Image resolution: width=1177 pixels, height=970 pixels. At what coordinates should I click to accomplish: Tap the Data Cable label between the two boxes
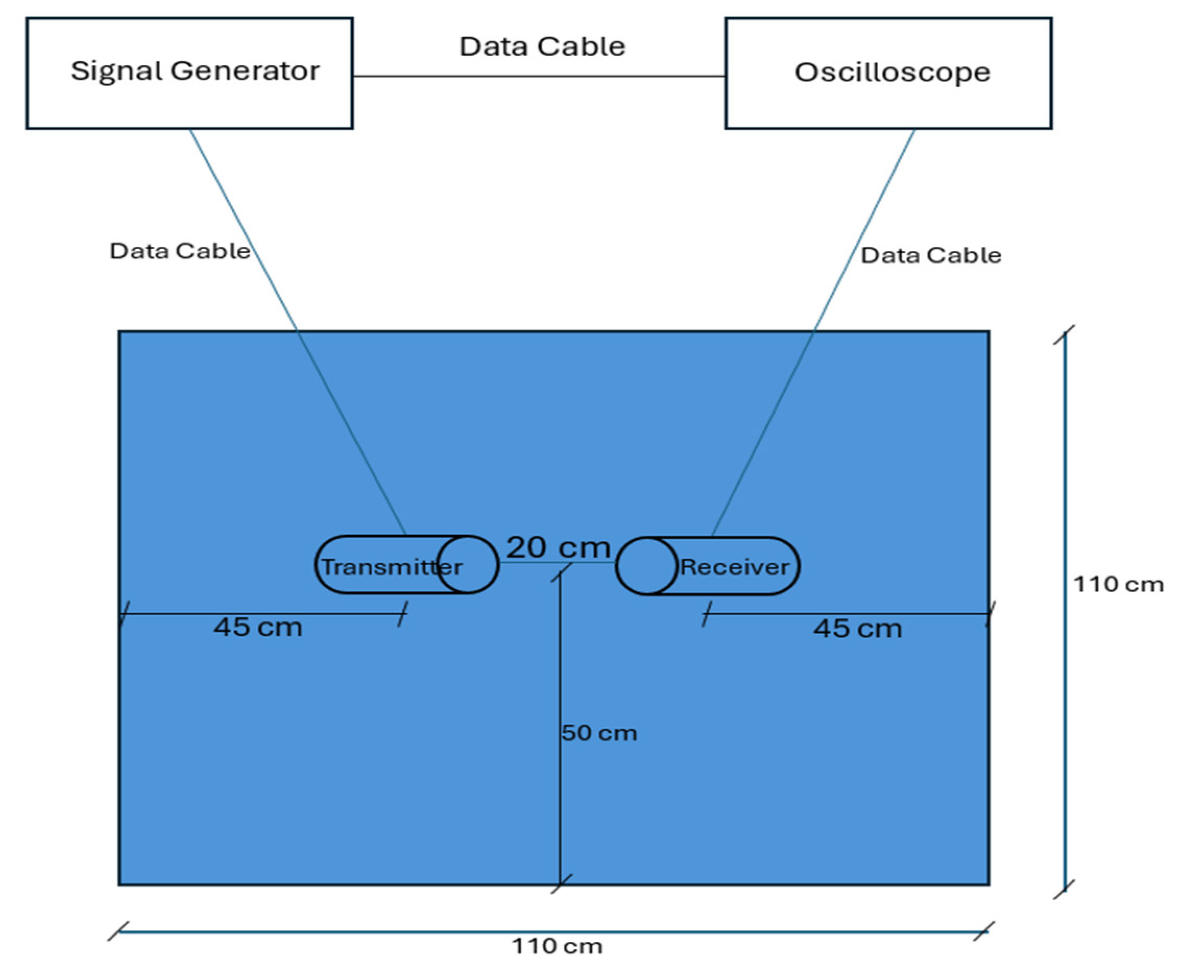pyautogui.click(x=542, y=46)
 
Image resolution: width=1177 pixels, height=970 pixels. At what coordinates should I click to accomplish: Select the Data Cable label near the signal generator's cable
pyautogui.click(x=179, y=251)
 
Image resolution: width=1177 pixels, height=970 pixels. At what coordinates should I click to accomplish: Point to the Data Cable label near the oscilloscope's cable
pyautogui.click(x=931, y=255)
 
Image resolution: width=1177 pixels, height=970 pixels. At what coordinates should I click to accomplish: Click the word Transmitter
pyautogui.click(x=392, y=567)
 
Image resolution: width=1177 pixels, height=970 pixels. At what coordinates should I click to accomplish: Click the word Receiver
pyautogui.click(x=734, y=567)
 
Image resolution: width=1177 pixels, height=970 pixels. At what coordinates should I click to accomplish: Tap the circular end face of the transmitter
pyautogui.click(x=467, y=565)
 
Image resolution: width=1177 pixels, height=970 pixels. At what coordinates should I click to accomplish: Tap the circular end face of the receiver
pyautogui.click(x=647, y=566)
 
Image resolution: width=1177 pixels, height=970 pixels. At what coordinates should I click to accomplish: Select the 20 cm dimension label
pyautogui.click(x=558, y=547)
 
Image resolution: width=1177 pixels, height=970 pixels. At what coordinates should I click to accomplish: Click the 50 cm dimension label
pyautogui.click(x=599, y=733)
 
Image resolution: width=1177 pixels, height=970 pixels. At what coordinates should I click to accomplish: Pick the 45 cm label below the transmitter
pyautogui.click(x=258, y=627)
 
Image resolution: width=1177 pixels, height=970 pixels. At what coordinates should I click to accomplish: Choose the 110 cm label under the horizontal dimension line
pyautogui.click(x=557, y=946)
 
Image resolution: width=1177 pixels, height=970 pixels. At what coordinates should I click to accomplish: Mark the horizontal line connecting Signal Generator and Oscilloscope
pyautogui.click(x=539, y=76)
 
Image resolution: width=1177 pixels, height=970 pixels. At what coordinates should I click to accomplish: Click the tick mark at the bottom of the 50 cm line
pyautogui.click(x=560, y=884)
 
